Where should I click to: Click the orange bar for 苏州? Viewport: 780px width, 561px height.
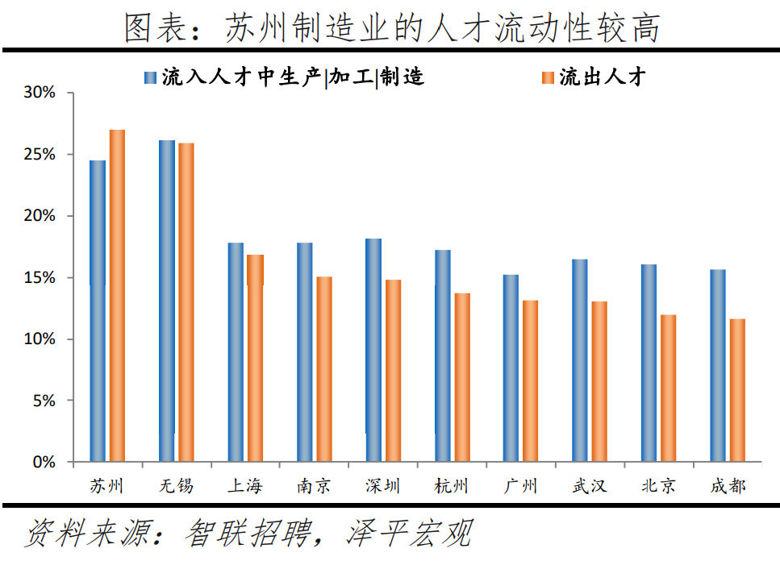(x=117, y=296)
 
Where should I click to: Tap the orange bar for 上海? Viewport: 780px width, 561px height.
(x=255, y=359)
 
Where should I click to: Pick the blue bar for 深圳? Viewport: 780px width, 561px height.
(x=373, y=351)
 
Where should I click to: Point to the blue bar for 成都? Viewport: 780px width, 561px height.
(x=718, y=366)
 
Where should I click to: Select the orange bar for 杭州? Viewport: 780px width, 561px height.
(x=462, y=377)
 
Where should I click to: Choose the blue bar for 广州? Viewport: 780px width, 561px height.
(x=511, y=368)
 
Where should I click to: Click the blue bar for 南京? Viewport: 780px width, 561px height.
(x=305, y=352)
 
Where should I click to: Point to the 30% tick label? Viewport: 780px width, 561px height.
(x=39, y=93)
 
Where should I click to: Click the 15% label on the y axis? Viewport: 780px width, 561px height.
(x=39, y=278)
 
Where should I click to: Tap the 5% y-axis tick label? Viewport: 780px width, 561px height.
(x=43, y=401)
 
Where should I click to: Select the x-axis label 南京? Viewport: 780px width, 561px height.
(x=313, y=486)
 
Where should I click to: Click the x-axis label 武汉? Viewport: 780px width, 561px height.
(x=589, y=486)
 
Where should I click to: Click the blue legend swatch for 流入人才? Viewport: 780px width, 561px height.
(x=149, y=77)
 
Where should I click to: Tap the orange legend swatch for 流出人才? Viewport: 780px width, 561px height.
(x=548, y=77)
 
